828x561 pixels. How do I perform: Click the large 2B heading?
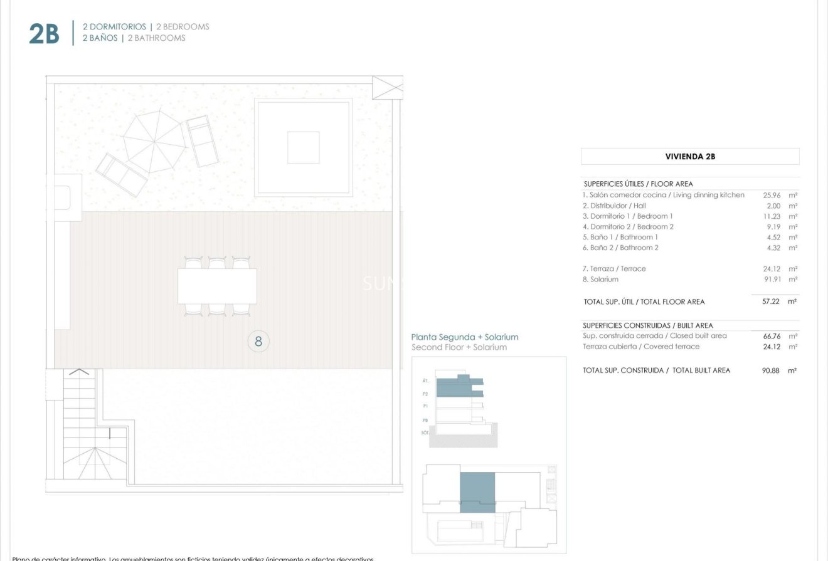44,34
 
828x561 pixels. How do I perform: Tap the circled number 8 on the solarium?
258,342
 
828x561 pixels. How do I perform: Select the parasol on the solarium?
154,142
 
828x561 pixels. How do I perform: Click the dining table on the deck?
217,286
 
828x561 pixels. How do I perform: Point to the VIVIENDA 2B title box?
689,157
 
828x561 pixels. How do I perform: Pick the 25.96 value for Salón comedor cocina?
771,195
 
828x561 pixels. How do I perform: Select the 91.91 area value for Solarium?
771,280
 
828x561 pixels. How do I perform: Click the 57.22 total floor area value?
771,301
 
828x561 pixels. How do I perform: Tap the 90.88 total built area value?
771,370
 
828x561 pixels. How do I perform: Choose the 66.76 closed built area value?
771,336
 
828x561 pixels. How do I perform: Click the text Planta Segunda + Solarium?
464,337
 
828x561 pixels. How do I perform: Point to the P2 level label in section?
425,394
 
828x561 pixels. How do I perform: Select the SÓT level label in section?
425,433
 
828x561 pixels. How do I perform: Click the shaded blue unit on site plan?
477,492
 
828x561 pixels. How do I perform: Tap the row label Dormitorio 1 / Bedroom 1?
628,216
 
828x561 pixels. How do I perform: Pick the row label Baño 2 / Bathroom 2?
621,248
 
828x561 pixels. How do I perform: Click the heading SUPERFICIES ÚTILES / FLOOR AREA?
638,184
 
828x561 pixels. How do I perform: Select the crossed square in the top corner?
388,87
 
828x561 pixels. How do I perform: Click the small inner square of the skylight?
304,147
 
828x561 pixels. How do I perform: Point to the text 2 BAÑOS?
99,38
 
